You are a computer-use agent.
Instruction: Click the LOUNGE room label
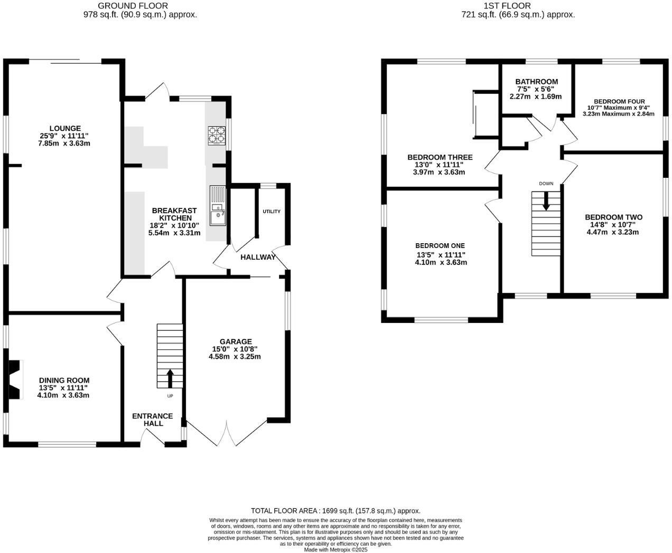pyautogui.click(x=65, y=128)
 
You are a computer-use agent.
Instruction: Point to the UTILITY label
pyautogui.click(x=272, y=212)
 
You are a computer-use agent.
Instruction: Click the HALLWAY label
pyautogui.click(x=258, y=258)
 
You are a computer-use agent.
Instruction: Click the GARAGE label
pyautogui.click(x=236, y=341)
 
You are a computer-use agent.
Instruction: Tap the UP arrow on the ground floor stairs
pyautogui.click(x=170, y=378)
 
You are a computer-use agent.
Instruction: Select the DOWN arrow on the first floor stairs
pyautogui.click(x=546, y=201)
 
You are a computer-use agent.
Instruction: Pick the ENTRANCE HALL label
pyautogui.click(x=153, y=419)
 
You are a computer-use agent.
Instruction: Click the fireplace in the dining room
pyautogui.click(x=15, y=379)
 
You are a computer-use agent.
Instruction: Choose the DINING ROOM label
pyautogui.click(x=64, y=380)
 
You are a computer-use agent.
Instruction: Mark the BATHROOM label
pyautogui.click(x=536, y=82)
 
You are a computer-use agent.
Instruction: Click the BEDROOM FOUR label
pyautogui.click(x=619, y=101)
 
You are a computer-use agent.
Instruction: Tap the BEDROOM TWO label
pyautogui.click(x=613, y=217)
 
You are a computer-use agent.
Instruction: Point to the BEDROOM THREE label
pyautogui.click(x=440, y=157)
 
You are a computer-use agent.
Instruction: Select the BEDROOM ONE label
pyautogui.click(x=440, y=245)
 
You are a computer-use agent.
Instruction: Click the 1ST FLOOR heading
pyautogui.click(x=518, y=6)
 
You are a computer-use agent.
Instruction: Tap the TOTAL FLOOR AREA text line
pyautogui.click(x=335, y=511)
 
